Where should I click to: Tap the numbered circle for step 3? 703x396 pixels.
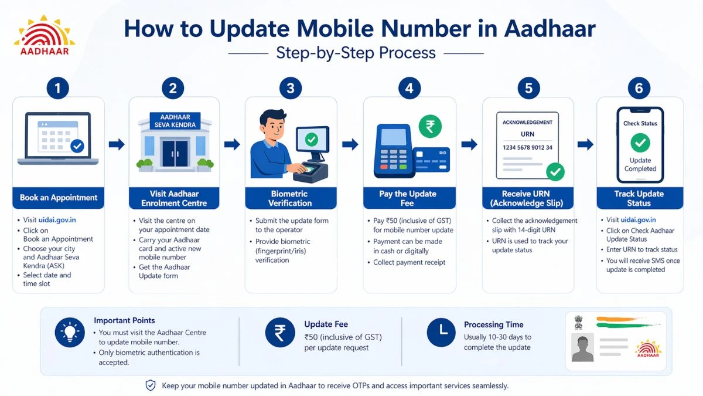[291, 89]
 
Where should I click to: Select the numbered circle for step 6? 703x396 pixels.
[639, 89]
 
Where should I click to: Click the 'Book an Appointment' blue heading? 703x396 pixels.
[58, 198]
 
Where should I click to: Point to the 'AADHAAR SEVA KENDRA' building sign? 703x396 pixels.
[175, 121]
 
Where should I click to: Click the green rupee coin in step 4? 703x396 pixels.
[431, 126]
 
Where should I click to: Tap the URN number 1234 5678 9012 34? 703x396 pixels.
[527, 148]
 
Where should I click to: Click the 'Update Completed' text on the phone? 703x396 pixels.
[640, 164]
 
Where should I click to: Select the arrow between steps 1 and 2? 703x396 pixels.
[117, 144]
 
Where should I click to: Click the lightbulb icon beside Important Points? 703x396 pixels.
[70, 333]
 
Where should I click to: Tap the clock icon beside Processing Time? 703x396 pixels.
[441, 333]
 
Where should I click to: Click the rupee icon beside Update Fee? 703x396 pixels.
[279, 333]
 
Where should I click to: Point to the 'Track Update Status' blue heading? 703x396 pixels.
[639, 198]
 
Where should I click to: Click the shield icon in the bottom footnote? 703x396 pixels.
[151, 385]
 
